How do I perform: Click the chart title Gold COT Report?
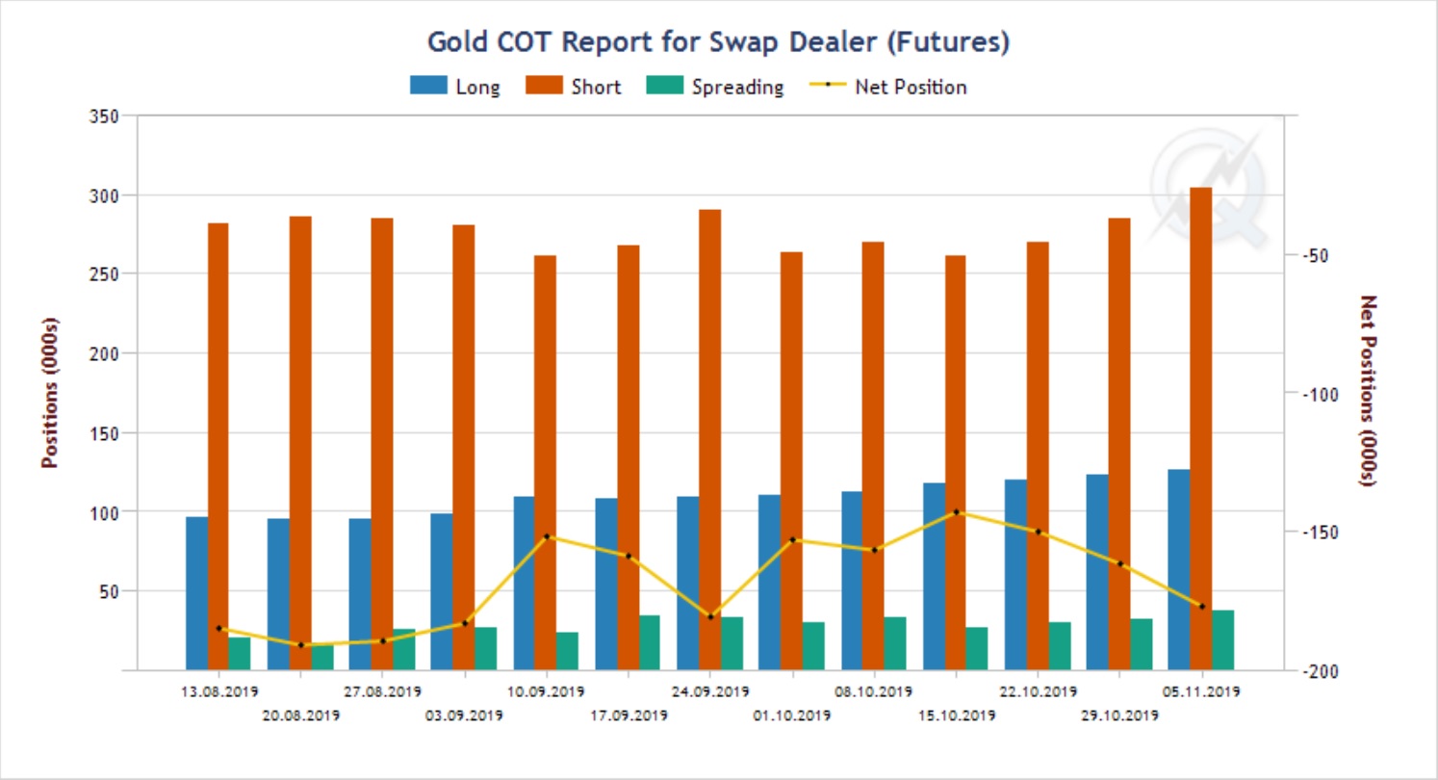pyautogui.click(x=718, y=42)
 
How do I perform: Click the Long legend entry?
pyautogui.click(x=454, y=87)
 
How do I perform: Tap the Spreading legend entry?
pyautogui.click(x=712, y=87)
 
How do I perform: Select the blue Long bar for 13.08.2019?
pyautogui.click(x=196, y=593)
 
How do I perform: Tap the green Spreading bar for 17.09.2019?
pyautogui.click(x=649, y=642)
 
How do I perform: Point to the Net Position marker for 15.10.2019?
pyautogui.click(x=956, y=512)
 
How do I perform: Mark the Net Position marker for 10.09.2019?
pyautogui.click(x=546, y=536)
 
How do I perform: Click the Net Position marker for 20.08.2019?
pyautogui.click(x=300, y=645)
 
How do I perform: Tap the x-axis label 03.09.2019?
pyautogui.click(x=464, y=715)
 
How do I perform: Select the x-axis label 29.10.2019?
pyautogui.click(x=1119, y=715)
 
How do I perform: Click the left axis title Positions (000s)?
pyautogui.click(x=49, y=392)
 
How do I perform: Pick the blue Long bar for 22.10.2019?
pyautogui.click(x=1015, y=575)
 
